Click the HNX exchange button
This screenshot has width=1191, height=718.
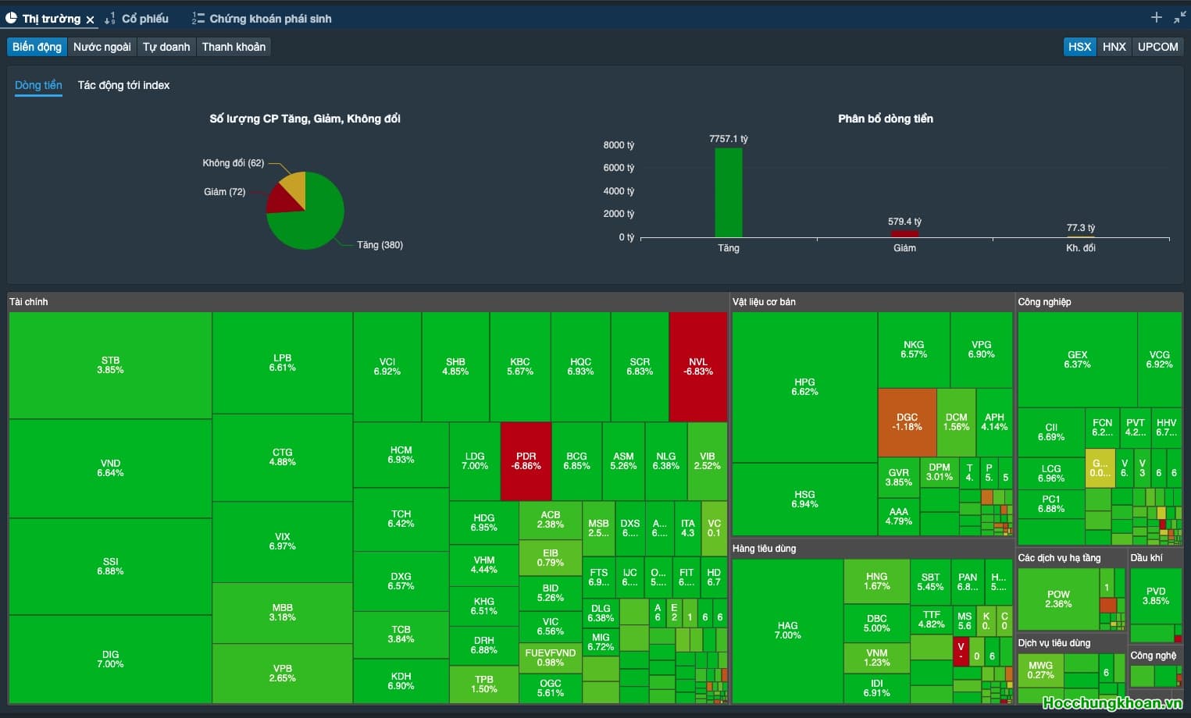coord(1114,47)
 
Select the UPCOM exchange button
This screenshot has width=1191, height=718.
coord(1157,47)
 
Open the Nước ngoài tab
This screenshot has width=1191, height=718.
coord(102,47)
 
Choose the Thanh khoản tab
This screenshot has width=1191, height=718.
coord(234,47)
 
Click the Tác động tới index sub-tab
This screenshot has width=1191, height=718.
coord(123,85)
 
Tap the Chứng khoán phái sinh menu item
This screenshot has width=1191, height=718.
coord(269,19)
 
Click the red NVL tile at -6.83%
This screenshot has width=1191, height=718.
coord(698,367)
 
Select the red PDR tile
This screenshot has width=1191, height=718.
coord(526,460)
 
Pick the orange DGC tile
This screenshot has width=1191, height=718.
coord(907,422)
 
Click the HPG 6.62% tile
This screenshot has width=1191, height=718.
coord(804,386)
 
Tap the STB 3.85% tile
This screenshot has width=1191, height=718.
coord(110,365)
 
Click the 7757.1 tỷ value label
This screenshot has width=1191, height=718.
coord(728,139)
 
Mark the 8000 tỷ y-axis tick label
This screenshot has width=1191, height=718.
coord(619,145)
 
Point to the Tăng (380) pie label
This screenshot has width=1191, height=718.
coord(380,245)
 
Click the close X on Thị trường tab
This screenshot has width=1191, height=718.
coord(90,20)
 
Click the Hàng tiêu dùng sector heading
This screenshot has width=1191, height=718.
coord(764,549)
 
